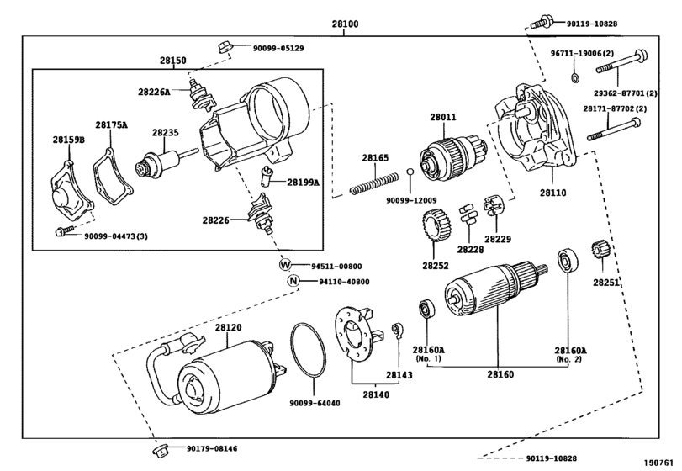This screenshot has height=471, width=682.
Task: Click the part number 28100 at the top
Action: [x=346, y=24]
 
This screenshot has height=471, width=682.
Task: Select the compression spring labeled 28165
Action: [x=374, y=182]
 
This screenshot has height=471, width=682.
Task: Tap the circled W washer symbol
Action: [x=284, y=264]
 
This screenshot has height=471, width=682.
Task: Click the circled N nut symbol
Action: [x=293, y=281]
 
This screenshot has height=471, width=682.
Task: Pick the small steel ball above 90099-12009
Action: [x=410, y=172]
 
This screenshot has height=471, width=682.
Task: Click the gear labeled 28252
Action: [x=436, y=226]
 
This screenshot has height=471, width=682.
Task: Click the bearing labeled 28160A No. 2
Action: [x=567, y=261]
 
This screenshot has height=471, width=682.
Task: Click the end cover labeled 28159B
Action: [x=70, y=193]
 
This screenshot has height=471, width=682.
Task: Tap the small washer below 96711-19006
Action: [x=574, y=79]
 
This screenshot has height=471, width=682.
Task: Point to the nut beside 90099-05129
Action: [x=225, y=46]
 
